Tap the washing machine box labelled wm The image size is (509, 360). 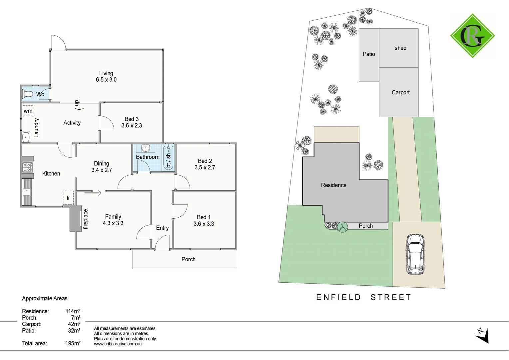pos(28,111)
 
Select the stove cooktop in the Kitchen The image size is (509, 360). pos(27,167)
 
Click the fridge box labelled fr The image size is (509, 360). pos(68,198)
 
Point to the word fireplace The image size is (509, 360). pos(86,219)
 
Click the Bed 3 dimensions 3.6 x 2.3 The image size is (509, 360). pos(132,126)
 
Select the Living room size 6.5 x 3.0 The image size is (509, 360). pos(106,80)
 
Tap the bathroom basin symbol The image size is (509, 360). pos(146,148)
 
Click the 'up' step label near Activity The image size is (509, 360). pos(77,103)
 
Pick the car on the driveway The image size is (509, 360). pos(415,254)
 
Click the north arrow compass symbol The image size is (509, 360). pos(482,335)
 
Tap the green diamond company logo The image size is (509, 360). pos(472,36)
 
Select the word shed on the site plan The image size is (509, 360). pos(400,48)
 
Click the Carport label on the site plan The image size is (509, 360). pos(400,93)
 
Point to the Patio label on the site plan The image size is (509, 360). pos(369,54)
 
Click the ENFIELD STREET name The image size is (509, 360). pos(364,297)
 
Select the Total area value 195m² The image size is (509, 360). pos(73,343)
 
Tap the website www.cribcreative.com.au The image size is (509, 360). pos(118,344)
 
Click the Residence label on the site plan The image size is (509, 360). pos(333,185)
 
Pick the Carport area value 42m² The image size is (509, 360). pos(74,324)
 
